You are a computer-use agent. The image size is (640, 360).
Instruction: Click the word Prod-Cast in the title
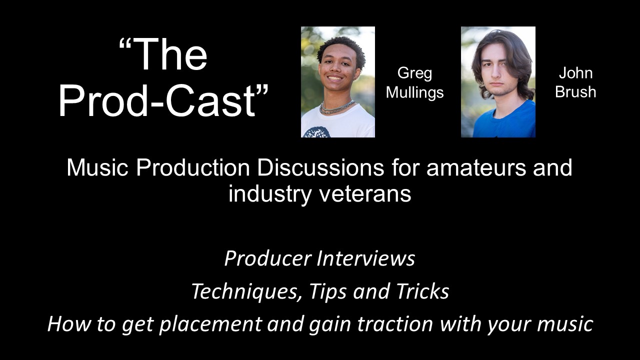157,100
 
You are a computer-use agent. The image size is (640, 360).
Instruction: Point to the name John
575,73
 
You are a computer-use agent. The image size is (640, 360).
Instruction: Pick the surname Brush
575,92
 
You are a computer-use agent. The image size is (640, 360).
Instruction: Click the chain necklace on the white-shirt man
337,107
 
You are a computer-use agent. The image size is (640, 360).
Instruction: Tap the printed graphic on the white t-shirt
316,133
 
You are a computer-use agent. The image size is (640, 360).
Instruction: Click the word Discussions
320,168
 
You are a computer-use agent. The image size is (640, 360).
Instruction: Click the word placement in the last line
209,324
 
